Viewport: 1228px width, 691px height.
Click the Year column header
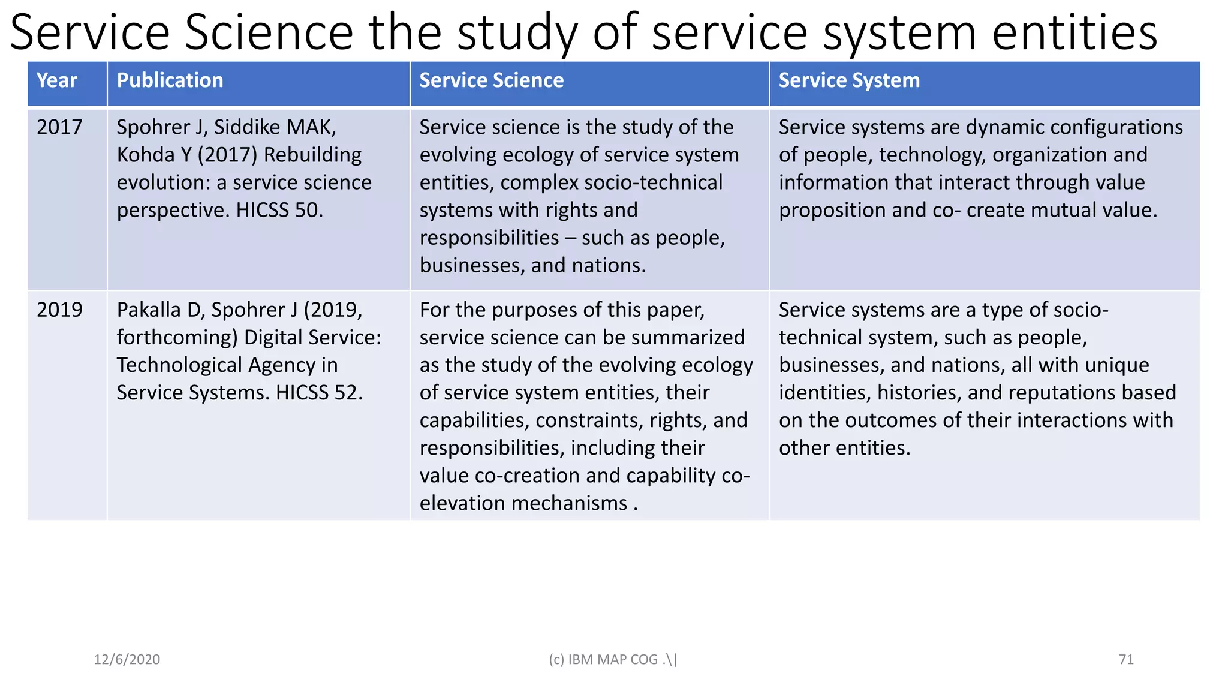(x=57, y=80)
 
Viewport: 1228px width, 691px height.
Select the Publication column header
(x=170, y=80)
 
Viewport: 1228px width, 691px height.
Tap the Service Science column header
(x=491, y=80)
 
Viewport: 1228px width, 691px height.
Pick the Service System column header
(x=848, y=80)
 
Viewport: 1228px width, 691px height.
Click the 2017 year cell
(x=59, y=127)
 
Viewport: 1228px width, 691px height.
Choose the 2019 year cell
(x=59, y=310)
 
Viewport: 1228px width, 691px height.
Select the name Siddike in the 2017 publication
(x=248, y=127)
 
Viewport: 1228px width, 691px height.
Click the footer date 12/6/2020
(x=127, y=660)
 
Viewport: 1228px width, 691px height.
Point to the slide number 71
(x=1126, y=660)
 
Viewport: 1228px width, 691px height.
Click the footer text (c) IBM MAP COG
(x=612, y=660)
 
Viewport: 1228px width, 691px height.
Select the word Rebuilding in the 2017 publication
(x=312, y=155)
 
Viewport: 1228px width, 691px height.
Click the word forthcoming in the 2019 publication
(x=177, y=338)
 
